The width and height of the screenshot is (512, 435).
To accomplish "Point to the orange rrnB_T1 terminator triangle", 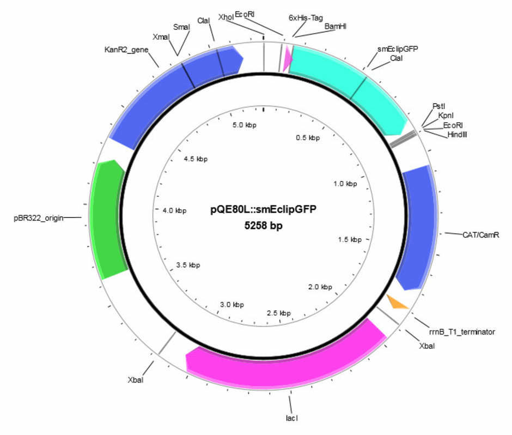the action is (397, 302).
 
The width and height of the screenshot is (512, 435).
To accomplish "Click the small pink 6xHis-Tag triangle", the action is (288, 58).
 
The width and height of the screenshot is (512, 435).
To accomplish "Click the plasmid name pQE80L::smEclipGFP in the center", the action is (263, 209).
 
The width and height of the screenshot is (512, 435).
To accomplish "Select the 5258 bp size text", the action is (263, 226).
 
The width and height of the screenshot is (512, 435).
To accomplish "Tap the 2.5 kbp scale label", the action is (278, 313).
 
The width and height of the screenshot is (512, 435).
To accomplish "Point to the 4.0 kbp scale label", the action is (174, 211).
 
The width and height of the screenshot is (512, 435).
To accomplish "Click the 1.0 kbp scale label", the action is (345, 184).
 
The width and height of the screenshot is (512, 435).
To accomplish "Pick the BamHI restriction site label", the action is (336, 27).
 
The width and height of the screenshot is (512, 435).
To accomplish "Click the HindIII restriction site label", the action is (457, 135).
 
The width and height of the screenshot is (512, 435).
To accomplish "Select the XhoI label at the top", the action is (226, 17).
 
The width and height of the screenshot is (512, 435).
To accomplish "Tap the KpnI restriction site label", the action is (446, 116).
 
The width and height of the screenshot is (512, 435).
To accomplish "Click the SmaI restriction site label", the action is (181, 27).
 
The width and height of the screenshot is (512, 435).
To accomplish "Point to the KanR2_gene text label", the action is (126, 50).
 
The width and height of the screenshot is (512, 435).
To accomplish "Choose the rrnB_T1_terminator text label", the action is (462, 332).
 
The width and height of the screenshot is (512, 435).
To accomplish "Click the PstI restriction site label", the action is (438, 106).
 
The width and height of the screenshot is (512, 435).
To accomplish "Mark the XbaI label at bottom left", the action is (136, 380).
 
